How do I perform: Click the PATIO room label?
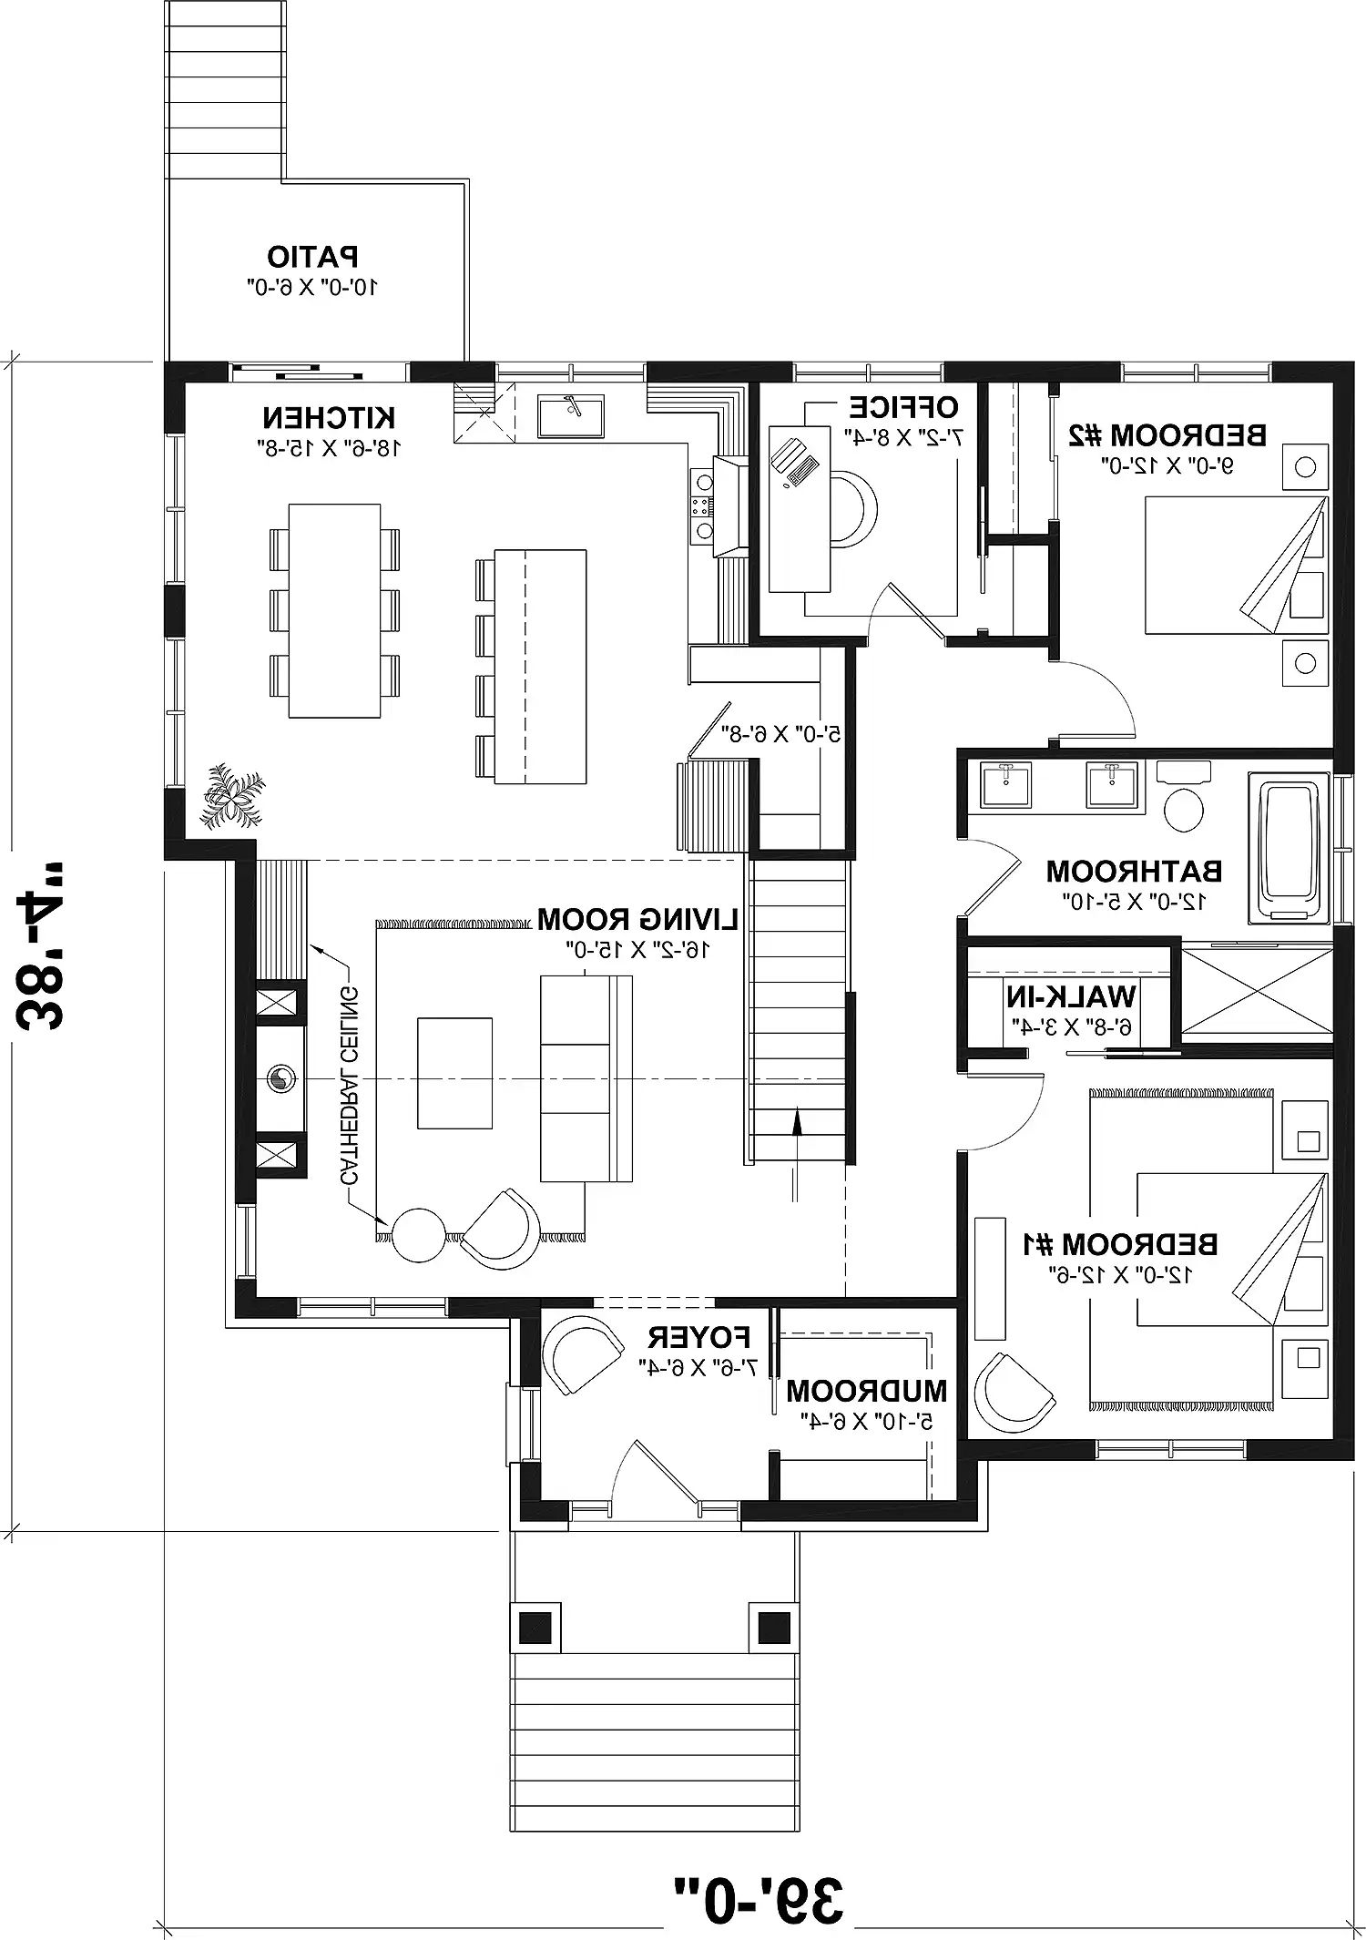[312, 258]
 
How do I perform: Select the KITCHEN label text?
[329, 419]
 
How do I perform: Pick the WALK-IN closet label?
[1072, 996]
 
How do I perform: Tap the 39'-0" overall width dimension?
[759, 1900]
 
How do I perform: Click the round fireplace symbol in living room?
[280, 1079]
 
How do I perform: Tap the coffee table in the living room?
[454, 1073]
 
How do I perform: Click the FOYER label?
[698, 1338]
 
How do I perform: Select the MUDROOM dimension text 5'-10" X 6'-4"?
[866, 1420]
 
